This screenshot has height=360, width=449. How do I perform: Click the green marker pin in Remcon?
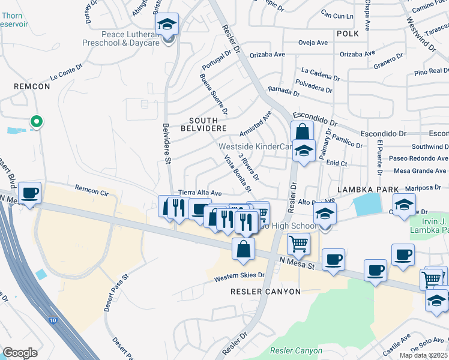pos(36,122)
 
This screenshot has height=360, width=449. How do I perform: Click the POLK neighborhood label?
pos(347,34)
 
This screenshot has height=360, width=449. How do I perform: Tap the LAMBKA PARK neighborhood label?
pos(368,190)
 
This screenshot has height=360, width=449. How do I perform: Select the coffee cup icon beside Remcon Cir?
pos(29,193)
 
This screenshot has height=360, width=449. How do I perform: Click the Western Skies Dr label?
pos(240,277)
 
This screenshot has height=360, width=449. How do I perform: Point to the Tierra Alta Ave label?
pos(200,193)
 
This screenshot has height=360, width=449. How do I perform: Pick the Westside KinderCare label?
pos(255,146)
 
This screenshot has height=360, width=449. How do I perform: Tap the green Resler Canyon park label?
pos(296,350)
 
